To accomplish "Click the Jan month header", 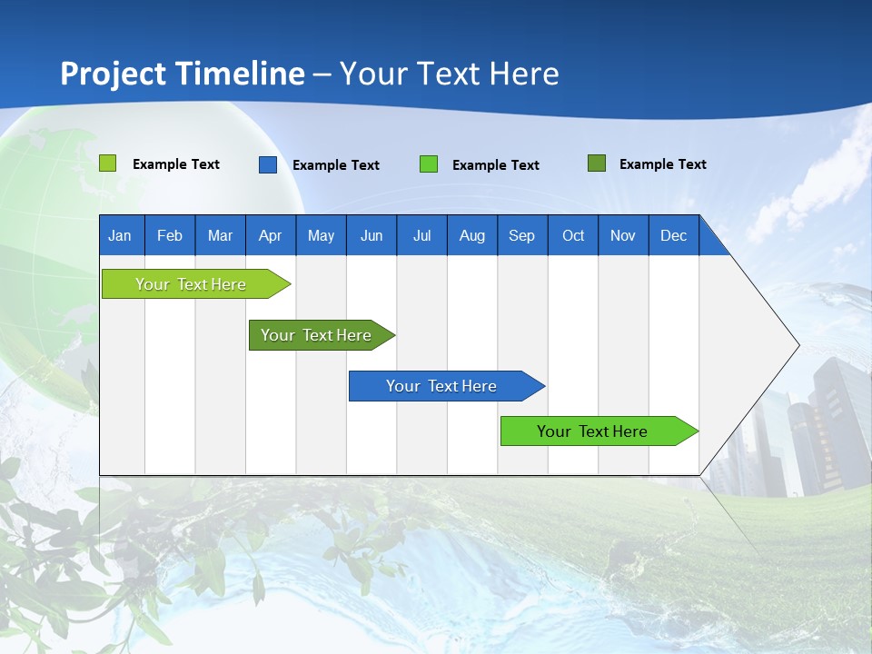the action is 120,235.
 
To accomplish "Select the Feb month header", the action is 170,235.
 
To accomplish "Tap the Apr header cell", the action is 271,235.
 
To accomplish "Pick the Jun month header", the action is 372,235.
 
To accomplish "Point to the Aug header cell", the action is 472,235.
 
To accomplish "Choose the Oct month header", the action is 573,235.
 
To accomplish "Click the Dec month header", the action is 673,235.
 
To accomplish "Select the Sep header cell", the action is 522,235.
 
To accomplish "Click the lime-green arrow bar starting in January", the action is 196,284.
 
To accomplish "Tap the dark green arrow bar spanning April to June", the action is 322,335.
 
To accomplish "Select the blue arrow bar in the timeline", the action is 447,386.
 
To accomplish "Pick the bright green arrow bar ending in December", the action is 599,431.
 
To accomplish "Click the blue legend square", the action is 268,164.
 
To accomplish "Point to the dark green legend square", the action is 597,163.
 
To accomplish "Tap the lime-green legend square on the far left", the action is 107,163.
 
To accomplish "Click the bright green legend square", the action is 428,164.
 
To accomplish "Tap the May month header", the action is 321,235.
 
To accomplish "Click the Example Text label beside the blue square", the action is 336,165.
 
